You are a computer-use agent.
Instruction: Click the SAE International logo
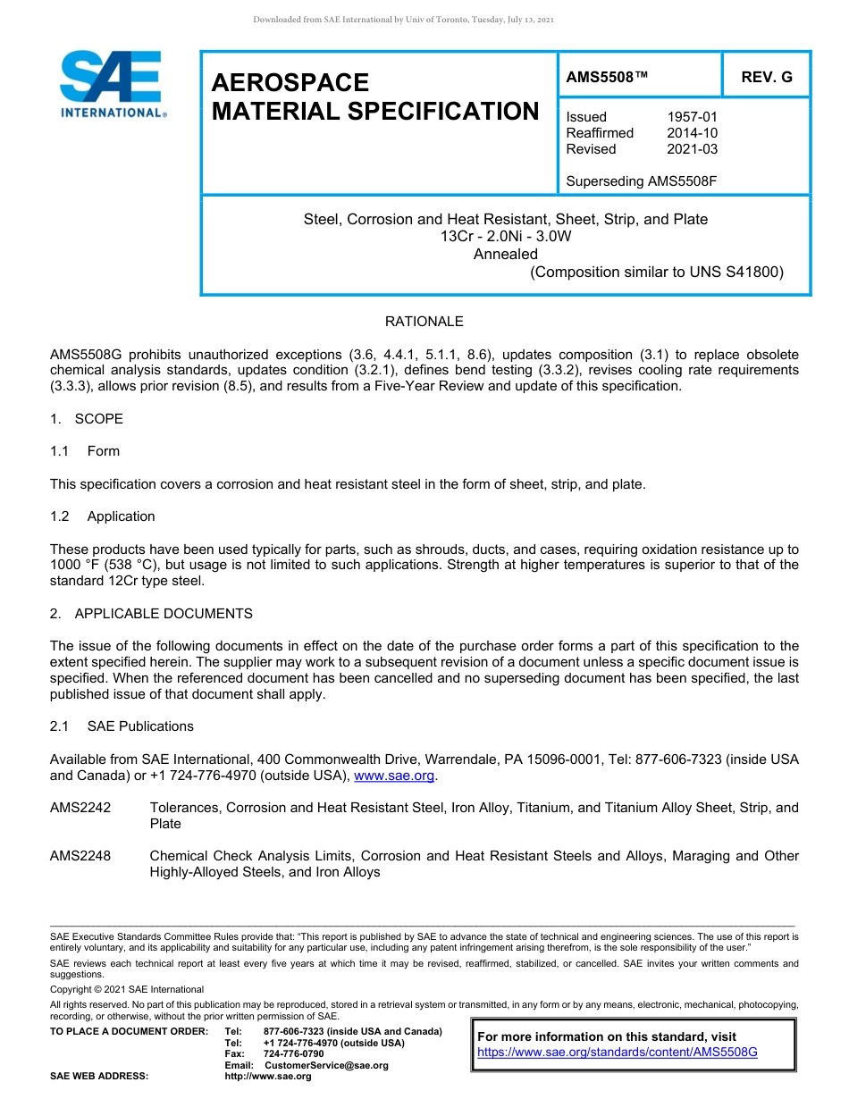pyautogui.click(x=112, y=84)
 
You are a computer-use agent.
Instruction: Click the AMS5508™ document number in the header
pyautogui.click(x=606, y=78)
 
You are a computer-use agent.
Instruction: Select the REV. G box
pyautogui.click(x=766, y=78)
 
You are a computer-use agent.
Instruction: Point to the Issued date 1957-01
pyautogui.click(x=692, y=117)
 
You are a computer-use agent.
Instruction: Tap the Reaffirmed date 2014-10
pyautogui.click(x=692, y=133)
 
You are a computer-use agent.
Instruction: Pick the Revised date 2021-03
pyautogui.click(x=692, y=149)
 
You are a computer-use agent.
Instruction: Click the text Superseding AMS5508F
pyautogui.click(x=642, y=181)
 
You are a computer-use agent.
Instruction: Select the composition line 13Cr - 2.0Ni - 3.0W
pyautogui.click(x=505, y=237)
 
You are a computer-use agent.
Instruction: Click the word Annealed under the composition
pyautogui.click(x=505, y=254)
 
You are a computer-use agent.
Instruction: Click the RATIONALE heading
pyautogui.click(x=424, y=322)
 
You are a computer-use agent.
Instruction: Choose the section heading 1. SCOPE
pyautogui.click(x=87, y=419)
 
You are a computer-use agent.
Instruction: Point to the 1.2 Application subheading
pyautogui.click(x=103, y=516)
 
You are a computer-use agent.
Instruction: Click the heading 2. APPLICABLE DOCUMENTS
pyautogui.click(x=151, y=614)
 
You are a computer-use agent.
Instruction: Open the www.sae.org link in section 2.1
pyautogui.click(x=394, y=776)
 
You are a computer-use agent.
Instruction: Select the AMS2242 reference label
pyautogui.click(x=80, y=808)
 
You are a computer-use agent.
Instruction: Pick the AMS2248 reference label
pyautogui.click(x=80, y=856)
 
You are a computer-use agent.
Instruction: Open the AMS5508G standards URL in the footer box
pyautogui.click(x=617, y=1053)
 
